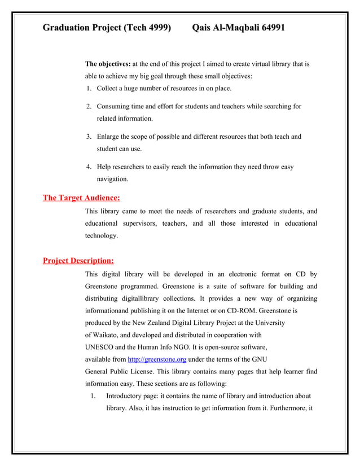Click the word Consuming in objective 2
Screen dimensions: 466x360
[x=116, y=106]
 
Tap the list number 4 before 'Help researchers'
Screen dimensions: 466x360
[x=89, y=167]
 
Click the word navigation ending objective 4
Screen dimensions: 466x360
[x=112, y=179]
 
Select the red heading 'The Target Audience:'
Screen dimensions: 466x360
[x=81, y=197]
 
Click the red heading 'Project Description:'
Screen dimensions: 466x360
[x=78, y=261]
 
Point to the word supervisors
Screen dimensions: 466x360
[x=135, y=223]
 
